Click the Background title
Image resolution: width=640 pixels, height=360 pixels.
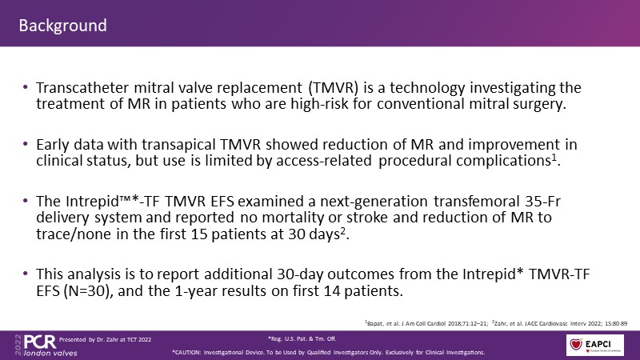tap(63, 26)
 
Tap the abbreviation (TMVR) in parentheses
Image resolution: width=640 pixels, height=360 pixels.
tap(334, 88)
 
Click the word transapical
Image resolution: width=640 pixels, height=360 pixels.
tap(178, 145)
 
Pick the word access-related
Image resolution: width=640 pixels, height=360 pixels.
tap(324, 161)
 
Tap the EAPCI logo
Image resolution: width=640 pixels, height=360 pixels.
tap(594, 345)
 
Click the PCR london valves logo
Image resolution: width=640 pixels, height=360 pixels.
tap(46, 346)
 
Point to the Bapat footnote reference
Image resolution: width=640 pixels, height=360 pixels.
tap(426, 323)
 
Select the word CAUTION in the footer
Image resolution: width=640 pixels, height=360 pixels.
tap(187, 352)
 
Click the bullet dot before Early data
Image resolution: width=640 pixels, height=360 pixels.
tap(26, 144)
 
